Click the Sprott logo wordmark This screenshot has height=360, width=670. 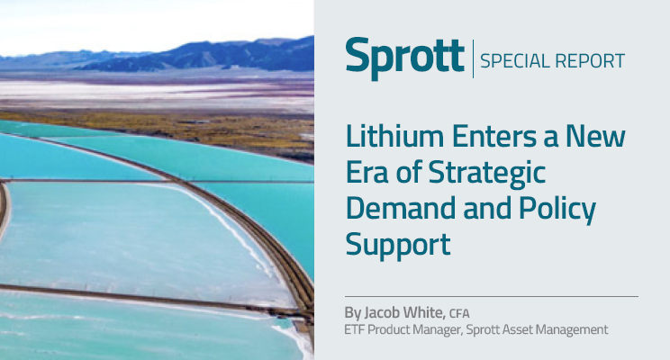tap(405, 59)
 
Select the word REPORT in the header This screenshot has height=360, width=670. tap(592, 62)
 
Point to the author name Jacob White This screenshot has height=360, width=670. tap(402, 313)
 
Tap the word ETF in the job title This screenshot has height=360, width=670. tap(357, 330)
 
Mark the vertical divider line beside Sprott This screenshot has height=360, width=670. tap(473, 59)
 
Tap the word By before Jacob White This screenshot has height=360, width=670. tap(353, 313)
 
